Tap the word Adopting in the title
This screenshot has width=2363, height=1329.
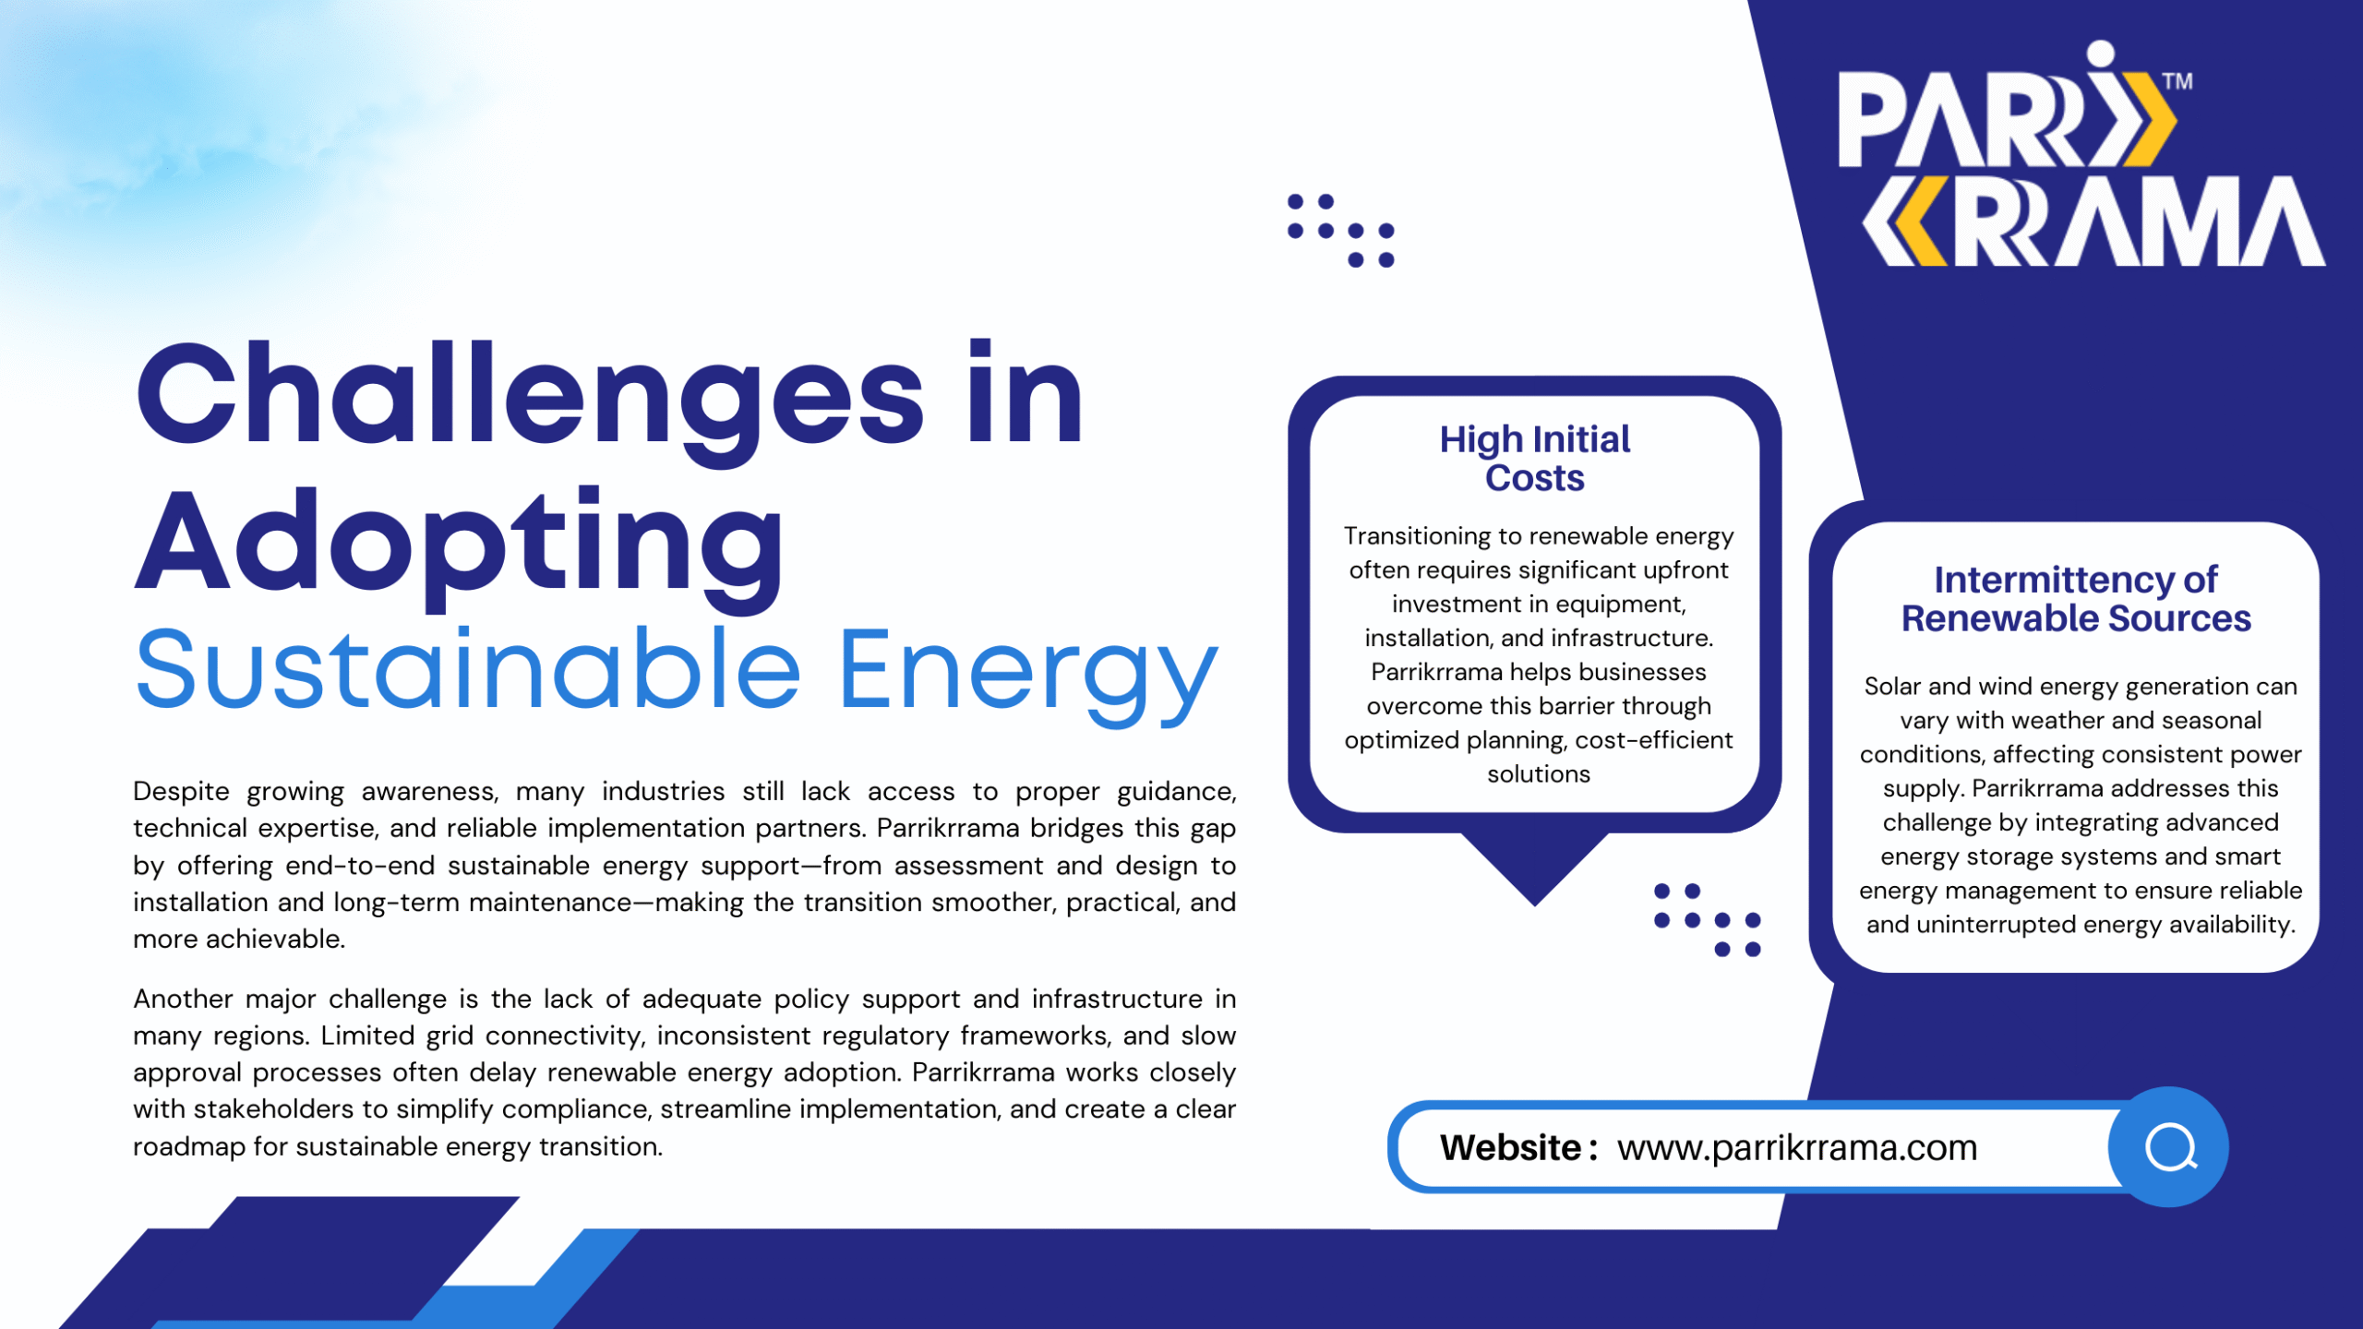point(460,546)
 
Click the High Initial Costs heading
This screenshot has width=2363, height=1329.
point(1535,459)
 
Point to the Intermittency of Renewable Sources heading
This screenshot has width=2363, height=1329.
point(2076,599)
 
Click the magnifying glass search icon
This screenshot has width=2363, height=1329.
point(2170,1148)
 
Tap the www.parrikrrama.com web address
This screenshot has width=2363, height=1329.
point(1797,1147)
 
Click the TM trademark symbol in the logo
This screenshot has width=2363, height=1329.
point(2177,81)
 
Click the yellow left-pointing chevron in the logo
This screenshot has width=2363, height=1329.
point(1904,221)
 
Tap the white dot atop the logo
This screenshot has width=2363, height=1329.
point(2100,54)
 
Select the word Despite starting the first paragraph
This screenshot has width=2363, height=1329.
point(181,792)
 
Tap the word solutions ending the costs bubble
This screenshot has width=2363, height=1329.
point(1539,774)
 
